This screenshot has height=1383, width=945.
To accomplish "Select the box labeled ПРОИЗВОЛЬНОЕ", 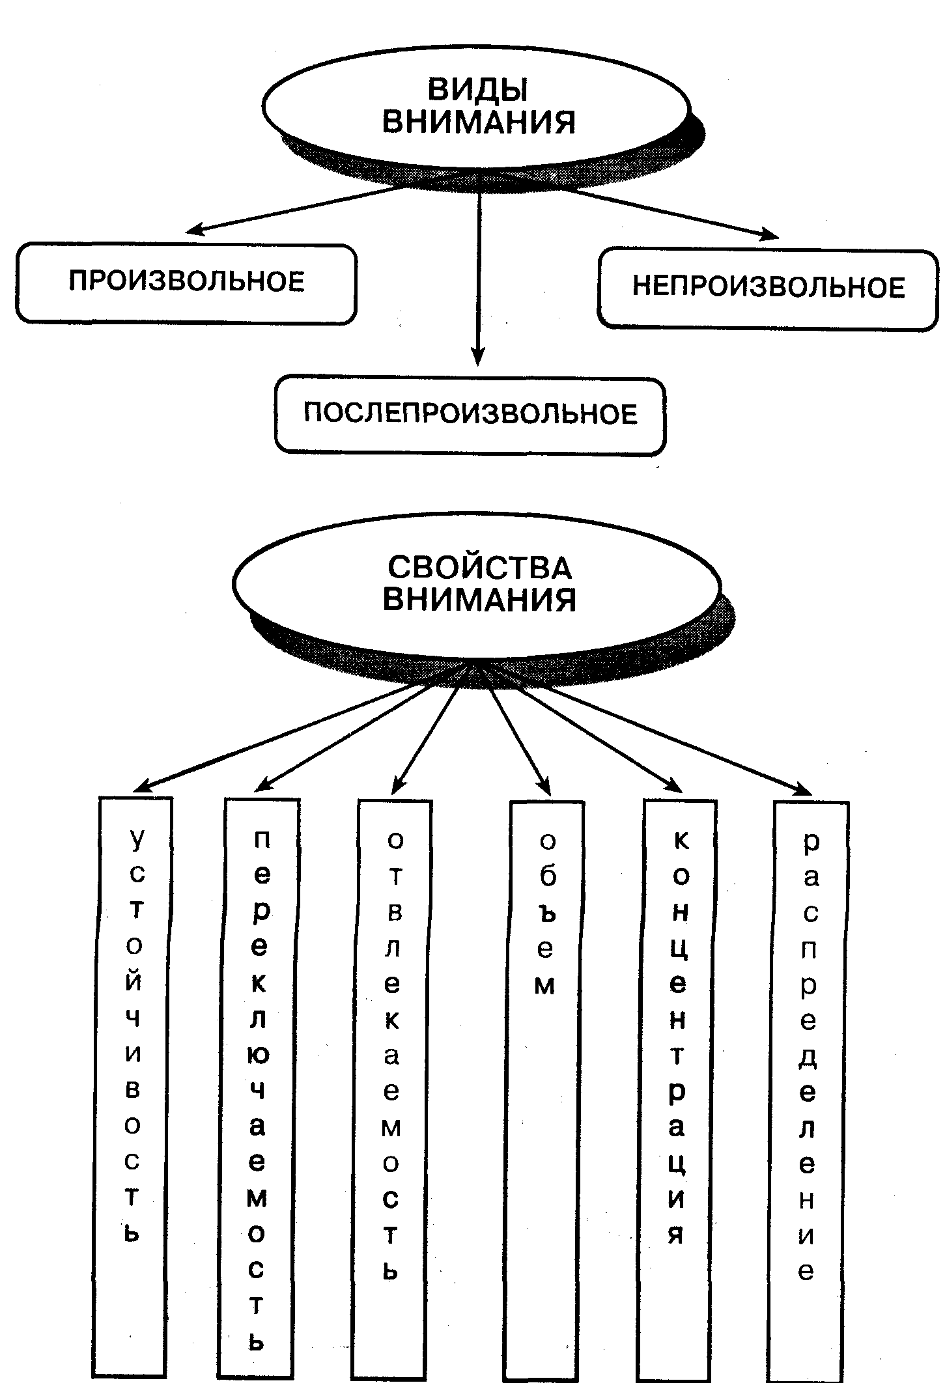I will click(x=186, y=283).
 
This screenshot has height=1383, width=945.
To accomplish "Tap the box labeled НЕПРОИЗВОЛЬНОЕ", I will click(x=768, y=288).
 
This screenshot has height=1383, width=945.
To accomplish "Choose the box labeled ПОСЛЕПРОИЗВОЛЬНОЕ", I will click(x=470, y=415).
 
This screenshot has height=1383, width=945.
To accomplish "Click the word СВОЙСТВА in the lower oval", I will click(x=479, y=567).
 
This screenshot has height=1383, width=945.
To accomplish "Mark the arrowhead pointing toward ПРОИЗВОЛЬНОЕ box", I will click(x=193, y=229).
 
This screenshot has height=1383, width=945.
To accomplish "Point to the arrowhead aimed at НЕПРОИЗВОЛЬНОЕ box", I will click(x=770, y=235).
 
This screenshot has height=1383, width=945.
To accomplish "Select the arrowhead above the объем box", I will click(x=544, y=788).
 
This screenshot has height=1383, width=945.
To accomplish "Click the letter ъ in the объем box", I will click(x=546, y=913).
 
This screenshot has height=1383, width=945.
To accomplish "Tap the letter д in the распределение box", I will click(x=808, y=1059).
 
